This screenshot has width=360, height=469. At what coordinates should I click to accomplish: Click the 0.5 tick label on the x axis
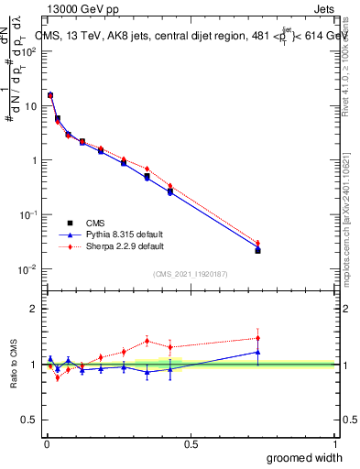[190, 443]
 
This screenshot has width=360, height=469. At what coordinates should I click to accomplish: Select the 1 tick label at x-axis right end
[335, 443]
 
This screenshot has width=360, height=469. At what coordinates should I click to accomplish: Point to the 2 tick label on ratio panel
[34, 309]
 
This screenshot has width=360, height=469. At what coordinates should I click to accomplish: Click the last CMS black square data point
[257, 250]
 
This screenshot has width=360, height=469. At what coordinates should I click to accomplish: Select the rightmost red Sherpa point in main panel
[257, 243]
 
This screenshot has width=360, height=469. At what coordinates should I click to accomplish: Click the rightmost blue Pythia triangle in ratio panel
[257, 352]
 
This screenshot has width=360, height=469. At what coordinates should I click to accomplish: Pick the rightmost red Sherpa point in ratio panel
[257, 338]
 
